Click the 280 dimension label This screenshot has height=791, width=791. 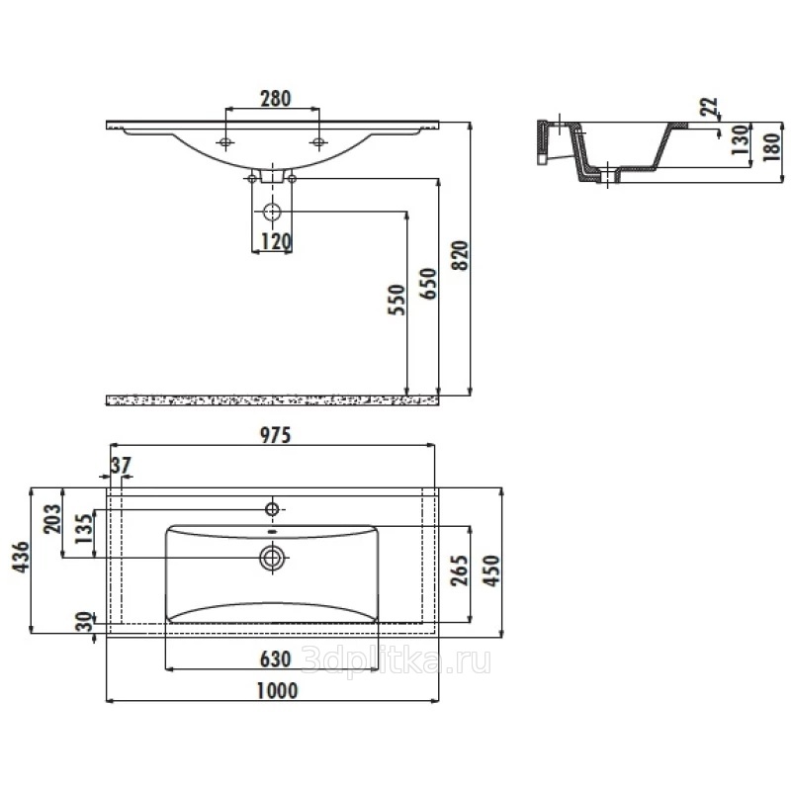coord(276,98)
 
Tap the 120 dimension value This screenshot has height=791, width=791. coord(276,242)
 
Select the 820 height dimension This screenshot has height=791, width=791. coord(460,256)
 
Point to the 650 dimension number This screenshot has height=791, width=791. coord(429,284)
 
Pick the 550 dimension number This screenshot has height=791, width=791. coord(397,300)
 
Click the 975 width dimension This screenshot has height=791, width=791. coord(276,435)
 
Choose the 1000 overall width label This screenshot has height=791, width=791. coord(277,690)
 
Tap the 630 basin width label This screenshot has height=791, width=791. coord(276,659)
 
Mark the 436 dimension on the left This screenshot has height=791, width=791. coord(21,557)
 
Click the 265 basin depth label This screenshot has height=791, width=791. coord(460,571)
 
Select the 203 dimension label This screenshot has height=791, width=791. coord(52,519)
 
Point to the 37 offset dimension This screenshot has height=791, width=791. coord(121,465)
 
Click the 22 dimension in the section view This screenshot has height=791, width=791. coord(709,106)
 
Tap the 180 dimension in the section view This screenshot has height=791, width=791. coord(772,146)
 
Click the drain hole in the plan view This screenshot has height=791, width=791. coord(273,558)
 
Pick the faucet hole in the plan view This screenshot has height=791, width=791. coord(273,509)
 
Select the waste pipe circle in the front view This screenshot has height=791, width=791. coord(273,212)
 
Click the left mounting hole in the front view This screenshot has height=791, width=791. coord(225,142)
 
